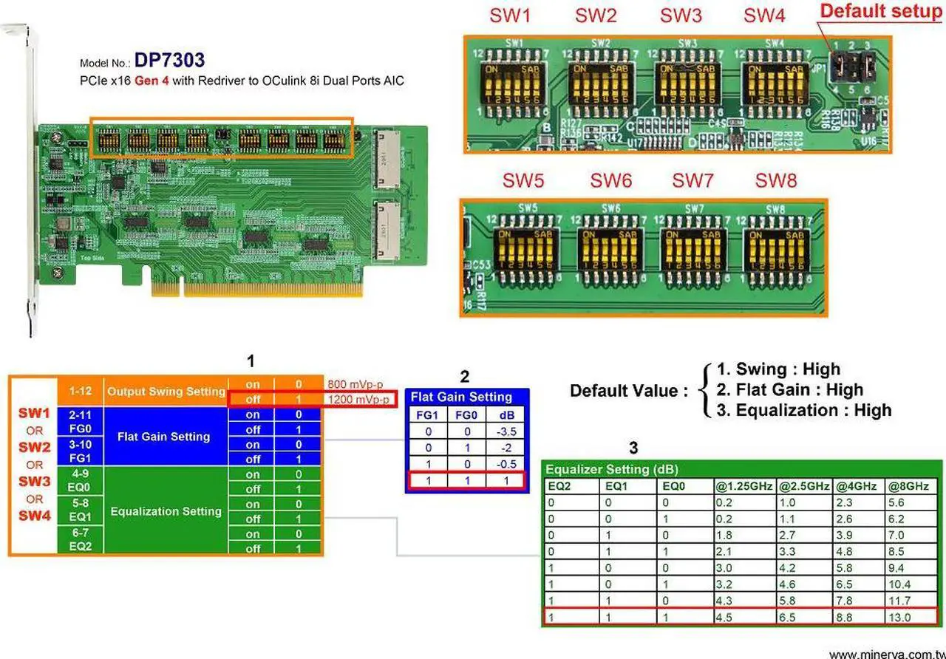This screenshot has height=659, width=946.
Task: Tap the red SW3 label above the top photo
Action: [x=681, y=16]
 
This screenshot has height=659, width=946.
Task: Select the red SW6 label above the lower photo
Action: [x=611, y=180]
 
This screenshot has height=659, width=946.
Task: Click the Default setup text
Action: [x=880, y=11]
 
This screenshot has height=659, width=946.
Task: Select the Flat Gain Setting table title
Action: [x=461, y=397]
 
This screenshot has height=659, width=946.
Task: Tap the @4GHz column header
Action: [x=854, y=486]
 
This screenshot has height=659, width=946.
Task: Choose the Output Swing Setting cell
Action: [x=165, y=392]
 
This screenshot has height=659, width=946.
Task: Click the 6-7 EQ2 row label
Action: [x=81, y=540]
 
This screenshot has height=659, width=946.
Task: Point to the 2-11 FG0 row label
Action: [x=81, y=421]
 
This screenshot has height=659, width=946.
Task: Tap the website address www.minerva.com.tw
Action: [x=885, y=653]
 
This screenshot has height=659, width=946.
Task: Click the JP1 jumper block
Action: [x=849, y=68]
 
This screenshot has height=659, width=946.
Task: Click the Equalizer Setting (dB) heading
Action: [x=612, y=469]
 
